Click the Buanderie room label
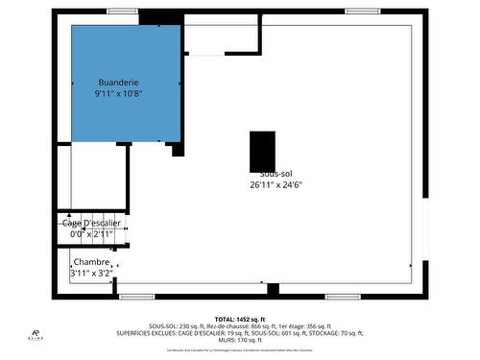tap(118, 83)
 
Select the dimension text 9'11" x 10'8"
tap(118, 94)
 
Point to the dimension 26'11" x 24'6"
tap(276, 184)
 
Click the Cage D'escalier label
tap(92, 223)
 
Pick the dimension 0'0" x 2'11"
tap(92, 234)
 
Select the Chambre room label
tap(91, 262)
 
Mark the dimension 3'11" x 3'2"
tap(92, 274)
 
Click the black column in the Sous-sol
tap(262, 152)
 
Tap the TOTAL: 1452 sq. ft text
tap(240, 319)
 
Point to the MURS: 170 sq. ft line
tap(240, 340)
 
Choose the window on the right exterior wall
tap(425, 229)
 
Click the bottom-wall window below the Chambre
tap(136, 297)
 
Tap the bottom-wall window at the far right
tap(342, 297)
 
